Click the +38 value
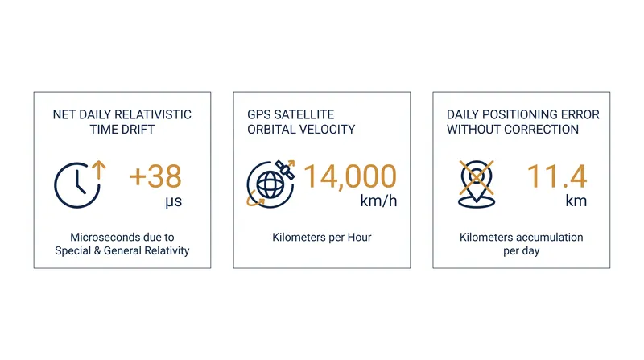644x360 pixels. point(155,176)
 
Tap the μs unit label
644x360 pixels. point(173,202)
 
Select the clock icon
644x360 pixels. point(77,185)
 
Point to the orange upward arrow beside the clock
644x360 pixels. point(98,170)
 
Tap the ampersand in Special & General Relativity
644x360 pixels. point(97,250)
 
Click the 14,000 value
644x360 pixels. point(350,176)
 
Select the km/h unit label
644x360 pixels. point(378,201)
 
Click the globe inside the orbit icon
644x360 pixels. point(270,184)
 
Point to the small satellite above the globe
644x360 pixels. point(285,169)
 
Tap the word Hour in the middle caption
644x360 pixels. point(359,237)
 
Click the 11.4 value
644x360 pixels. point(557,176)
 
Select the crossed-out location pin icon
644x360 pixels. point(477,184)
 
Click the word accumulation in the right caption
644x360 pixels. point(550,237)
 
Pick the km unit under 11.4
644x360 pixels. point(576,201)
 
